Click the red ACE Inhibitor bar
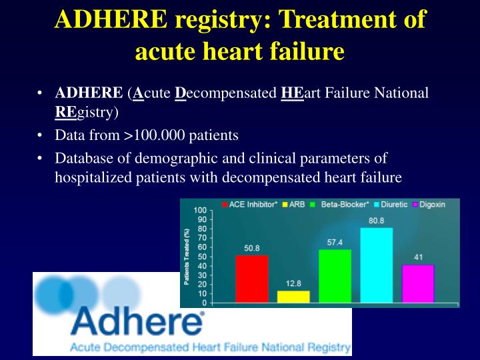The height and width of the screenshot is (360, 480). [252, 279]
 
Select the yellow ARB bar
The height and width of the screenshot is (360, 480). [293, 297]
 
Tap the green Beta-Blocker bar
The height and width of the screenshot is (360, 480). [335, 276]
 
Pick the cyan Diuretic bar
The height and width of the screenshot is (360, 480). [377, 265]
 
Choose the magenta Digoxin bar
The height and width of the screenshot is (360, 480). [418, 283]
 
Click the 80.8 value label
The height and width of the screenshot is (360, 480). [377, 221]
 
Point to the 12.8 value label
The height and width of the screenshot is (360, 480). [293, 283]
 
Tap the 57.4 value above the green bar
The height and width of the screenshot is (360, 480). [335, 242]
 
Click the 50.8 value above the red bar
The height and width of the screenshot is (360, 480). [252, 248]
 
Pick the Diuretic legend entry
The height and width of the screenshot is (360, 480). [389, 204]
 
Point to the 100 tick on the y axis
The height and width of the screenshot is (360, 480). [200, 211]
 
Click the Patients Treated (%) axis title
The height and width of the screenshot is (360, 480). [187, 257]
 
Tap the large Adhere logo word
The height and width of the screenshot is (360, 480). [137, 321]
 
